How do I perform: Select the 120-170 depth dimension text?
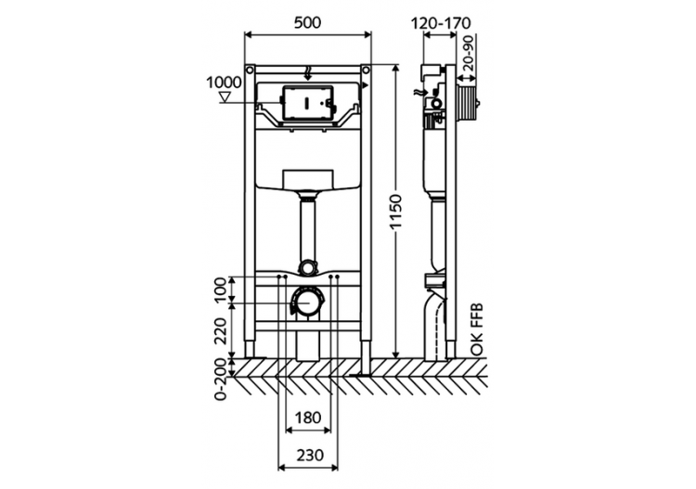click(443, 19)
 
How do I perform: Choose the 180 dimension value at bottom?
click(308, 418)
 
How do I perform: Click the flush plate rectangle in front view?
click(307, 103)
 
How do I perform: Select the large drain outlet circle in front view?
click(307, 303)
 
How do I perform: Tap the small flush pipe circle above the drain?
click(307, 266)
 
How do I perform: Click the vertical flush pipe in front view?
click(307, 227)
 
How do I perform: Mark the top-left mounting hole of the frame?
click(250, 71)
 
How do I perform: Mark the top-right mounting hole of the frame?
click(366, 71)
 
